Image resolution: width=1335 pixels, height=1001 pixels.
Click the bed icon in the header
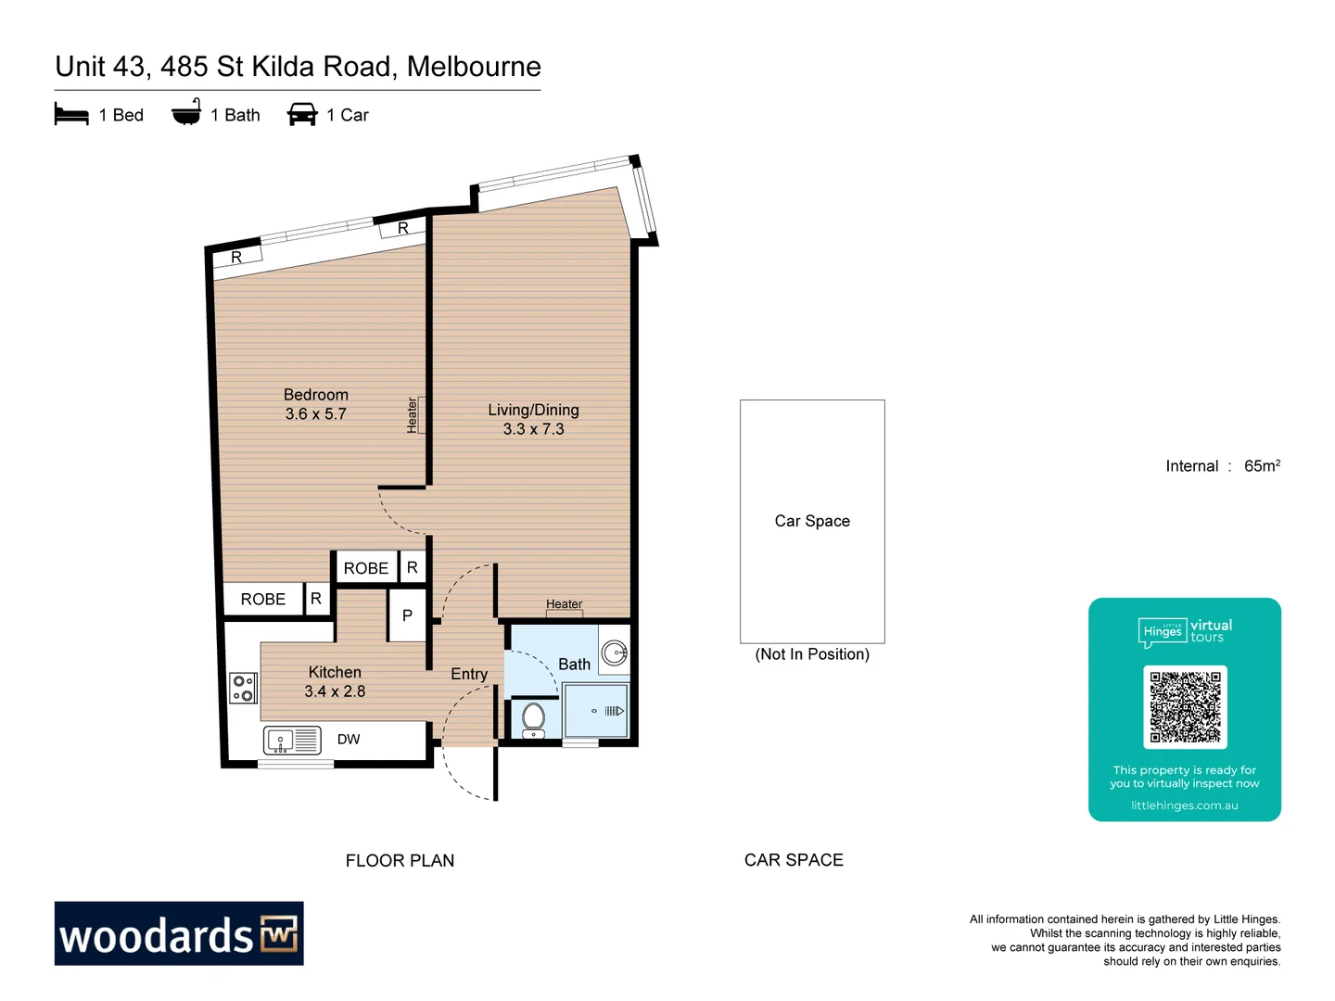pos(71,114)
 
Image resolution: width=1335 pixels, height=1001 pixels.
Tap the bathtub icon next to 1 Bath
pos(186,112)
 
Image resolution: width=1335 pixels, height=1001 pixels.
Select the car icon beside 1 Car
pos(302,114)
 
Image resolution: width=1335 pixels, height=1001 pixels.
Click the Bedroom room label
pos(316,395)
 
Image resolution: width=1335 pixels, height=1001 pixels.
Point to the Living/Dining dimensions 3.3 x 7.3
pos(533,429)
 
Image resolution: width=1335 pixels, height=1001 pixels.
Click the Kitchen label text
pos(335,672)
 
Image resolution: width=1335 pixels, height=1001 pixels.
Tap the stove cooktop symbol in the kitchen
pos(243,688)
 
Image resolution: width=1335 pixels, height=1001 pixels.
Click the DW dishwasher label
pos(349,739)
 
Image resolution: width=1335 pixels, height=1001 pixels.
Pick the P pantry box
pos(407,615)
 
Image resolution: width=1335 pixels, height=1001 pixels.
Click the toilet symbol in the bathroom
pos(533,717)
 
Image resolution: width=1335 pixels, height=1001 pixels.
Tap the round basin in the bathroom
pos(615,653)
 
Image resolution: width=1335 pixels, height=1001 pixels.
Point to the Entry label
pos(469,674)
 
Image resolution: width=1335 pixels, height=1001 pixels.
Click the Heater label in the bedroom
pos(413,415)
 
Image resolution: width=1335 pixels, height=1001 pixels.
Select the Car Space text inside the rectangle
pos(812,521)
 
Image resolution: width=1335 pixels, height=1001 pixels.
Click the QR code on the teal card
pos(1185,707)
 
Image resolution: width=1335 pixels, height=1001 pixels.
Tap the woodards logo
pos(179,933)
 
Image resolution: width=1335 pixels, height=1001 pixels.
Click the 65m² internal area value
pos(1262,465)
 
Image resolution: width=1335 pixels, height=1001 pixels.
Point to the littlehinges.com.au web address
pos(1184,805)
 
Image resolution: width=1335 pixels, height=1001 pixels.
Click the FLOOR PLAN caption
pos(400,860)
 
